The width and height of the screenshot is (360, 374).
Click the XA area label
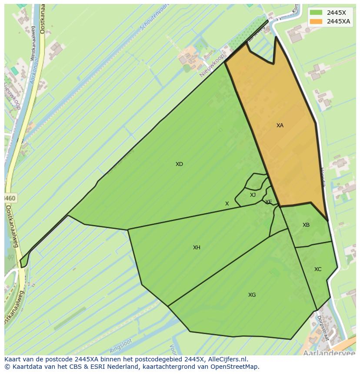[x=280, y=126]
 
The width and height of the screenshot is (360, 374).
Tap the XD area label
[x=179, y=164]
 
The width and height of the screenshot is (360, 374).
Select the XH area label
[x=197, y=248]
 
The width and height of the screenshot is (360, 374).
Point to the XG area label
[x=252, y=295]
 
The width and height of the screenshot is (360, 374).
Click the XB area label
[x=306, y=225]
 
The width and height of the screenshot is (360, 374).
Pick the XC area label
[x=318, y=269]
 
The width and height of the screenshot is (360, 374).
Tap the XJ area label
[x=253, y=195]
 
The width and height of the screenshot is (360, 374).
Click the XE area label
[x=269, y=202]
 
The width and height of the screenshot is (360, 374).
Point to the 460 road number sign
[x=10, y=199]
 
